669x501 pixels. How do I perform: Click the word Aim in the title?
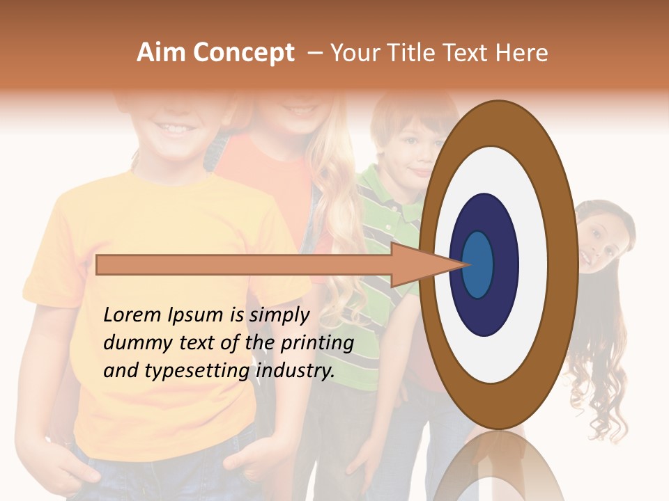pos(161,53)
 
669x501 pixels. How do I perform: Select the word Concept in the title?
pos(243,54)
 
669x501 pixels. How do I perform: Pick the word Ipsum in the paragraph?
pos(195,315)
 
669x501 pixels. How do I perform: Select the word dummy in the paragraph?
pos(133,343)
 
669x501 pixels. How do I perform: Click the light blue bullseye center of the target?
pos(478,264)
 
